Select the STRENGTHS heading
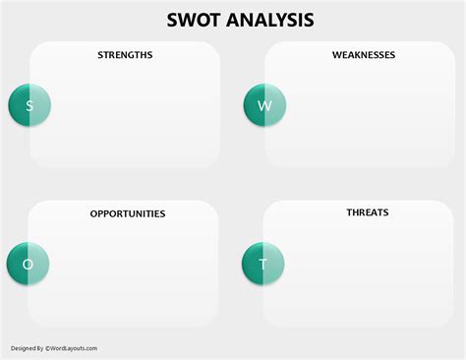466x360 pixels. (x=125, y=55)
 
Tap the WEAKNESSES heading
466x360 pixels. (x=364, y=55)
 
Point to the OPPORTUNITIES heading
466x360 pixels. (x=128, y=213)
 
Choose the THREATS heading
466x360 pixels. (x=367, y=212)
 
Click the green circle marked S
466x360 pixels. (x=29, y=105)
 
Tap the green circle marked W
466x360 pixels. (x=263, y=105)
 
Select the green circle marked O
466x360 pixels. (x=28, y=264)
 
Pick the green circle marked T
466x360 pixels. (x=262, y=264)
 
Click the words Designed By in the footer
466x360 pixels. (x=27, y=348)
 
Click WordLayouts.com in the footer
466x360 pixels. (x=76, y=348)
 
